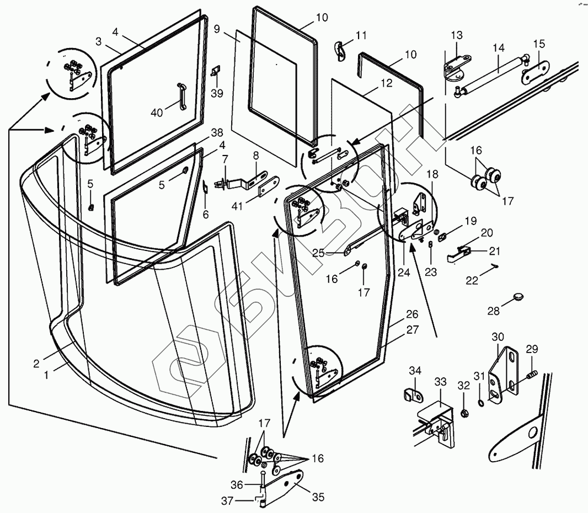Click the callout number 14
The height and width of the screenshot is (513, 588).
(499, 47)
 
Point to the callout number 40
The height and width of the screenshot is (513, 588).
(157, 113)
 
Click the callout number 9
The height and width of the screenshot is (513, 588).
(217, 29)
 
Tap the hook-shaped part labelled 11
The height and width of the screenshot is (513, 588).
(340, 49)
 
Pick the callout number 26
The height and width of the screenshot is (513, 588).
(412, 314)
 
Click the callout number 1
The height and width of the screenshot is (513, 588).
(46, 374)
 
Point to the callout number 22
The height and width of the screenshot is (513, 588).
(472, 280)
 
